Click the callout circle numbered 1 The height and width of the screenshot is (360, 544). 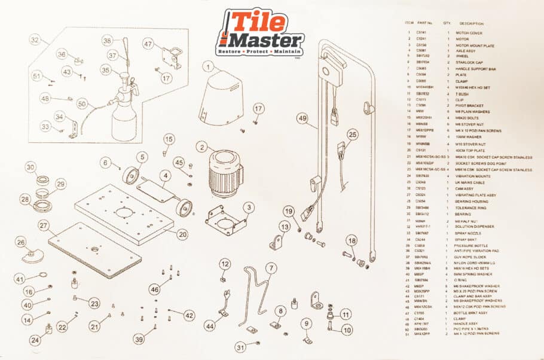[207, 67]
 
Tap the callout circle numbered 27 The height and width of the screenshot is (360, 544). [43, 226]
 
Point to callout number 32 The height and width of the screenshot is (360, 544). [36, 40]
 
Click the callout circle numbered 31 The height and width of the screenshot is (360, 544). [240, 347]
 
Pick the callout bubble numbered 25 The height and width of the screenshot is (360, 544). [352, 136]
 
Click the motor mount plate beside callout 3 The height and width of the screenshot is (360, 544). [225, 221]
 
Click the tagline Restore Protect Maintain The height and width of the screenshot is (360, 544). [259, 53]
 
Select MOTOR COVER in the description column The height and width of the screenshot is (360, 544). [469, 32]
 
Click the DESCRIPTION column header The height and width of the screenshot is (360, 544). [471, 23]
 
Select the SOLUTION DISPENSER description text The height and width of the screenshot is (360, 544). [473, 227]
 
